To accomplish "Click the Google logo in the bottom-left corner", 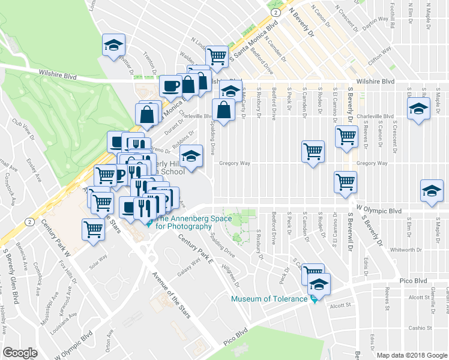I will (20, 352).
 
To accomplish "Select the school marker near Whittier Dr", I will (112, 46).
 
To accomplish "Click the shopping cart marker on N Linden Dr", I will (216, 56).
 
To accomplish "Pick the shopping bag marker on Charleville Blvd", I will (223, 110).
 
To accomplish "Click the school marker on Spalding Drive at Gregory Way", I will (191, 157).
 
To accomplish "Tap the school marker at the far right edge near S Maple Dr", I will (432, 190).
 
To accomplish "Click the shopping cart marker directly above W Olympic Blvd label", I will (346, 181).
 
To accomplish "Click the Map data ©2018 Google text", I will (411, 355).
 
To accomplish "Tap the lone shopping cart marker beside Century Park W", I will (93, 229).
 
